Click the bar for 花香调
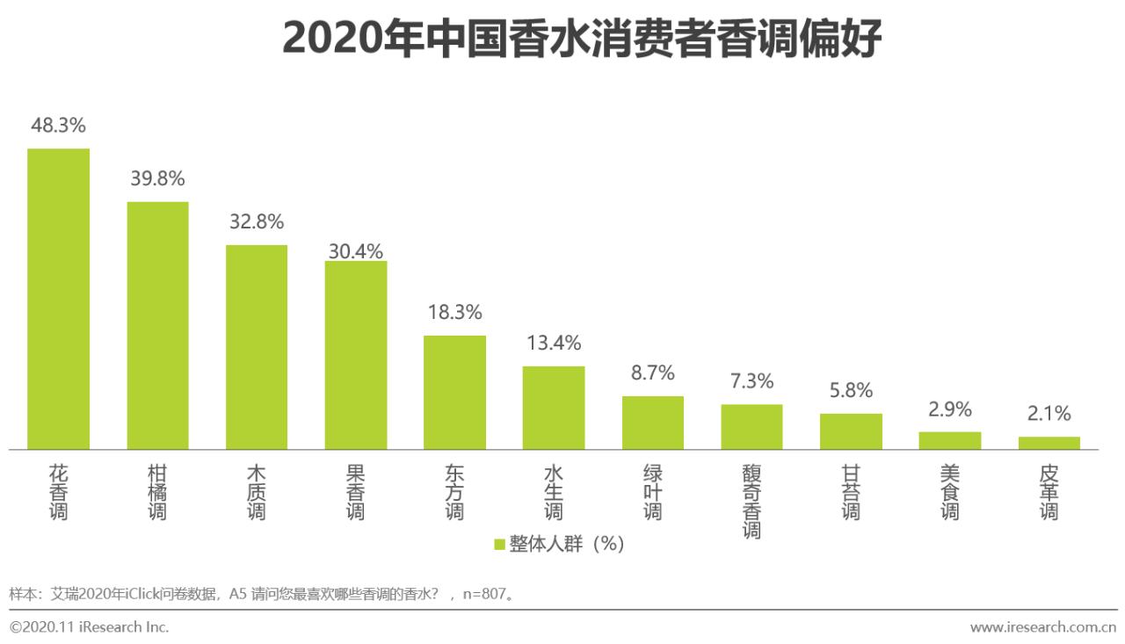pyautogui.click(x=58, y=299)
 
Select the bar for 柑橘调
pyautogui.click(x=157, y=326)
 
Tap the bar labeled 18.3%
pyautogui.click(x=454, y=393)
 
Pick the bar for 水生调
pyautogui.click(x=554, y=408)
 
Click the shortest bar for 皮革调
pyautogui.click(x=1049, y=443)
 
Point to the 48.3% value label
pyautogui.click(x=58, y=126)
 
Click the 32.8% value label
pyautogui.click(x=257, y=222)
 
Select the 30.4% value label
pyautogui.click(x=356, y=251)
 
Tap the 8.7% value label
pyautogui.click(x=653, y=373)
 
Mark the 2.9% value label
pyautogui.click(x=950, y=409)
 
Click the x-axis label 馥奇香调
pyautogui.click(x=751, y=502)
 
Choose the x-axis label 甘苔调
pyautogui.click(x=851, y=493)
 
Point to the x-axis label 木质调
pyautogui.click(x=257, y=493)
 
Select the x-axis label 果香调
pyautogui.click(x=356, y=493)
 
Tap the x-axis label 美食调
pyautogui.click(x=950, y=493)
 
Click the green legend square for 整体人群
pyautogui.click(x=499, y=545)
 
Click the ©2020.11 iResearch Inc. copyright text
pyautogui.click(x=89, y=627)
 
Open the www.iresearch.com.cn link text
pyautogui.click(x=1042, y=627)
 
